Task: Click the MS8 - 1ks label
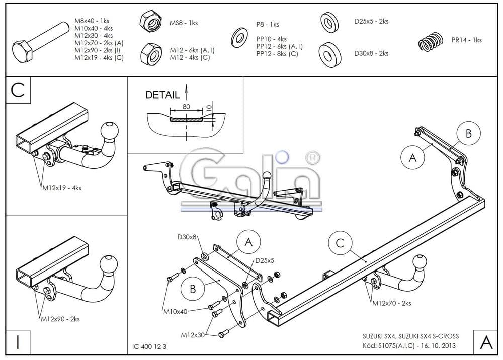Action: coord(183,23)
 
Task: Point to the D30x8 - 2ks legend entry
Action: coord(371,53)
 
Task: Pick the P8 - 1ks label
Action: coord(267,24)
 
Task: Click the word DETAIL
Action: coord(162,95)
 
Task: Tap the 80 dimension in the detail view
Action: coord(187,107)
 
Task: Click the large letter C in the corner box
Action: coord(18,90)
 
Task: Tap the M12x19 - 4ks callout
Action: coord(61,188)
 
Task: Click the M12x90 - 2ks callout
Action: coord(60,319)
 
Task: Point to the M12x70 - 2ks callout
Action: coord(391,303)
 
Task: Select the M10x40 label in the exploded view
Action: coord(175,311)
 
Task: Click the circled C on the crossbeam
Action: coord(340,243)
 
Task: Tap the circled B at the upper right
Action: coord(468,133)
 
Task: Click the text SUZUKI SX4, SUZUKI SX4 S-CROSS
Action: coord(410,336)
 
